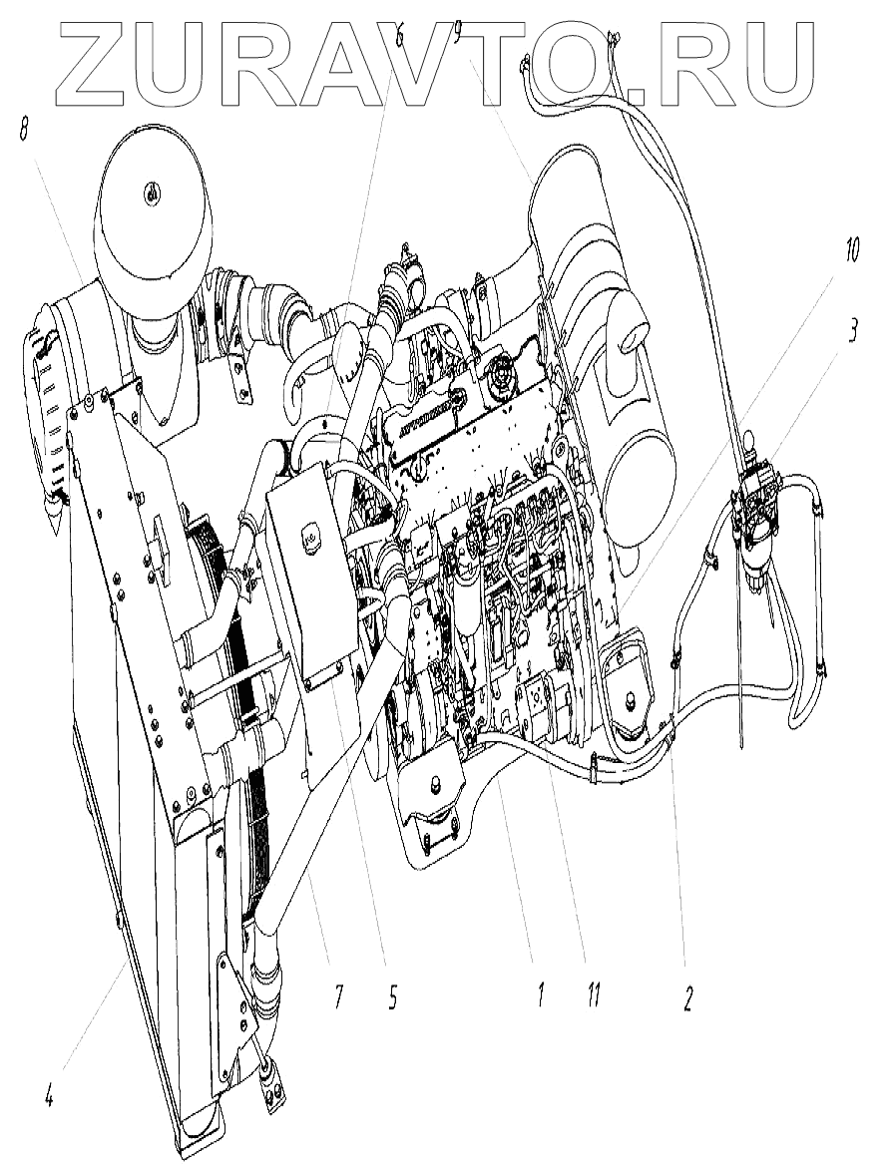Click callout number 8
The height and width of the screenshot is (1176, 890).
[x=23, y=131]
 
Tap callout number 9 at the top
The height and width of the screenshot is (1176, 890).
[x=457, y=36]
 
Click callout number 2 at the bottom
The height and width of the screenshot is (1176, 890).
[x=687, y=998]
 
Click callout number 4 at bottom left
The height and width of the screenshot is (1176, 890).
[x=47, y=1098]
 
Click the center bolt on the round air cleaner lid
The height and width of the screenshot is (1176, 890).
[x=153, y=193]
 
